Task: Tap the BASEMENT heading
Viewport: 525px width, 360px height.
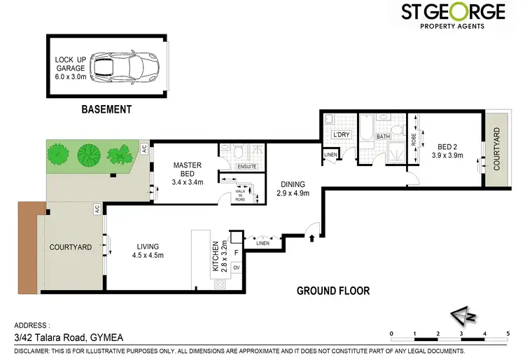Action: [106, 109]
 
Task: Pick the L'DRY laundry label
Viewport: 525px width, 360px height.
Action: [341, 134]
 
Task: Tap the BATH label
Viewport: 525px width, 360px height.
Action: [383, 137]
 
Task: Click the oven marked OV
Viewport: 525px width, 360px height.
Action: [236, 268]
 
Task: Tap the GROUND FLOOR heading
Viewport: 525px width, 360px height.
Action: [333, 291]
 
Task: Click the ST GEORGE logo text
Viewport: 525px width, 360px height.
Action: [454, 12]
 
